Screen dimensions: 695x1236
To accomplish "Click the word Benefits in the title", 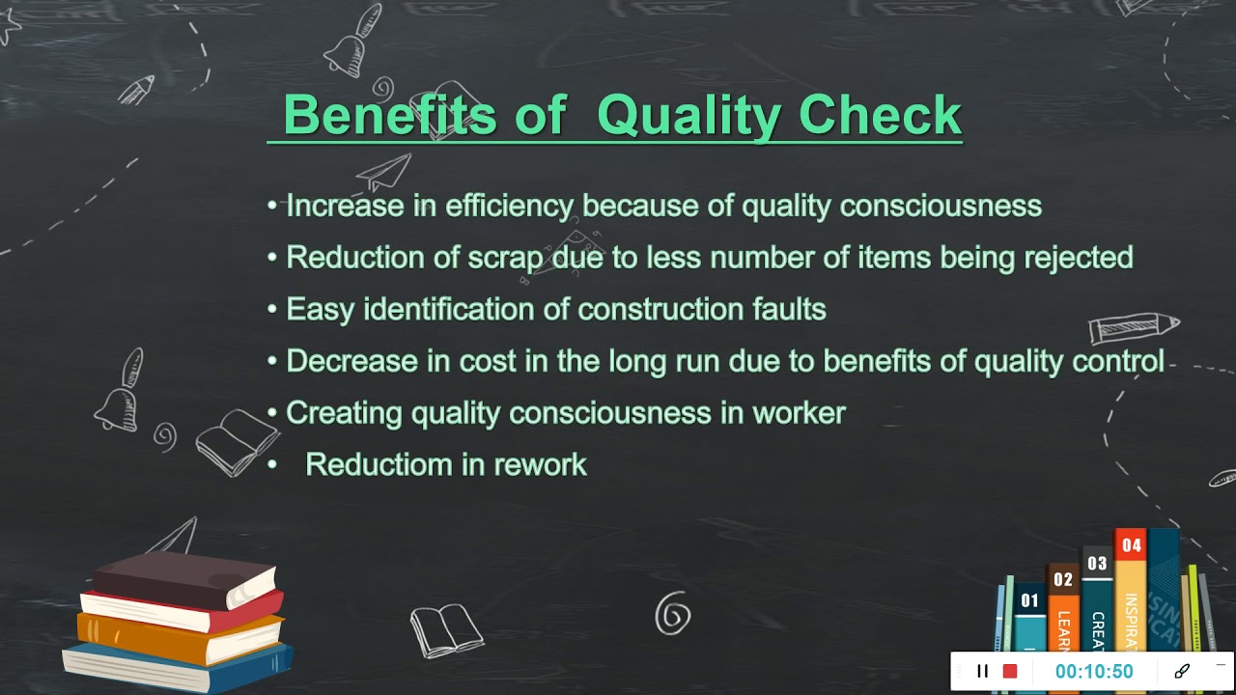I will coord(389,116).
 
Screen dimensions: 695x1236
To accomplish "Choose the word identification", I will coord(466,309).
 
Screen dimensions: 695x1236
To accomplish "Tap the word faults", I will coord(789,309).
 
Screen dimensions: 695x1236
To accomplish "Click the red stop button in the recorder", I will coord(1010,671).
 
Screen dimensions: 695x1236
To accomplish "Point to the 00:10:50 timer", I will coord(1093,671).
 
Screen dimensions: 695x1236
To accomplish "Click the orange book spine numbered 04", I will coord(1131,589).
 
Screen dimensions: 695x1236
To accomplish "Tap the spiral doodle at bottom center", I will coord(672,614).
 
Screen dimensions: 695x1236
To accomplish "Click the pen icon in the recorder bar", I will coord(1182,671).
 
